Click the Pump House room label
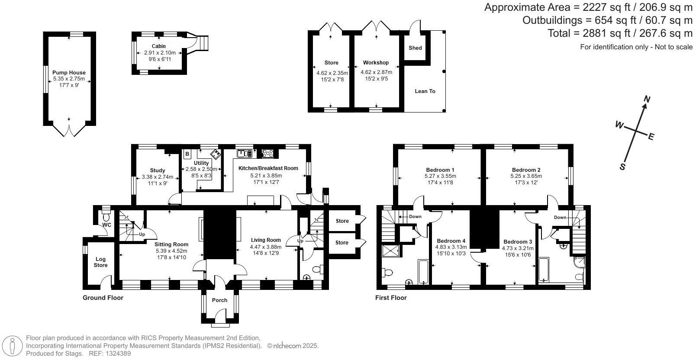pyautogui.click(x=69, y=73)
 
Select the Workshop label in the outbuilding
pyautogui.click(x=376, y=63)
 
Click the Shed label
pyautogui.click(x=415, y=48)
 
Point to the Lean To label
pyautogui.click(x=425, y=91)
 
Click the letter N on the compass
pyautogui.click(x=647, y=100)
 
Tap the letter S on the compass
pyautogui.click(x=623, y=167)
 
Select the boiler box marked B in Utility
pyautogui.click(x=187, y=154)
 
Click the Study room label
pyautogui.click(x=158, y=170)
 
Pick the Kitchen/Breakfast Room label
pyautogui.click(x=268, y=168)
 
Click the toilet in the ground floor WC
pyautogui.click(x=106, y=214)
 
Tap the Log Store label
pyautogui.click(x=100, y=262)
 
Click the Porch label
pyautogui.click(x=219, y=300)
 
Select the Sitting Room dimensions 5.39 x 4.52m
pyautogui.click(x=171, y=251)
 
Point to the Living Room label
pyautogui.click(x=266, y=240)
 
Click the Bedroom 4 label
pyautogui.click(x=451, y=241)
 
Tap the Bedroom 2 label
pyautogui.click(x=526, y=170)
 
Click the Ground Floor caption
pyautogui.click(x=103, y=298)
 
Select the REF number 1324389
pyautogui.click(x=116, y=354)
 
